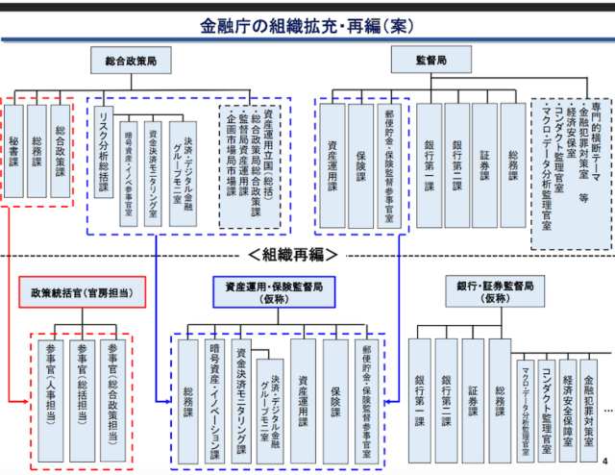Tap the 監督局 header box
point(430,60)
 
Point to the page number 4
point(604,459)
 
